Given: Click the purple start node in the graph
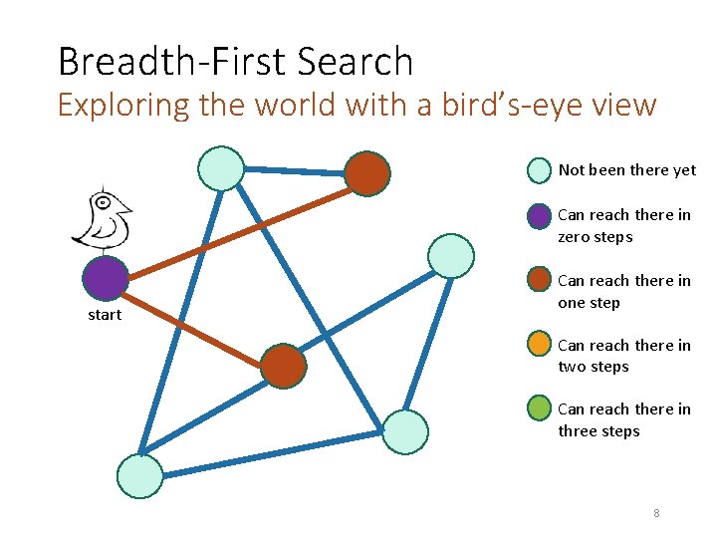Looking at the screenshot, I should point(106,279).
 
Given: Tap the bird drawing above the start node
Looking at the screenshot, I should point(103,216).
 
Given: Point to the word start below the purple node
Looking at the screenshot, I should point(104,315).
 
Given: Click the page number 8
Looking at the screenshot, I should point(656,513).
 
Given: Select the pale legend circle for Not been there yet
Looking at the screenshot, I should point(538,170).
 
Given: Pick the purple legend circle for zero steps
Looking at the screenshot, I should point(538,215).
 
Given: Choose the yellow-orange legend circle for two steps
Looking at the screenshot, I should point(538,345).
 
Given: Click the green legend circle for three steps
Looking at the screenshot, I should point(538,408).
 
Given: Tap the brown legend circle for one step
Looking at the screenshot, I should point(538,280).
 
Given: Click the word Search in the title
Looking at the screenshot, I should point(355,62).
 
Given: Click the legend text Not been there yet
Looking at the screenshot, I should point(627,170).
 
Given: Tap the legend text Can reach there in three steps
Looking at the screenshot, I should point(623,419).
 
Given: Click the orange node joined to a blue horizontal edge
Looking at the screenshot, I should point(366,173).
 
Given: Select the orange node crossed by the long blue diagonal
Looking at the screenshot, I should point(284,366).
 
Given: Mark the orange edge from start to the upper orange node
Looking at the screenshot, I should point(236,226).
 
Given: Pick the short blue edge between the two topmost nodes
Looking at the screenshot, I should point(295,170).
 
